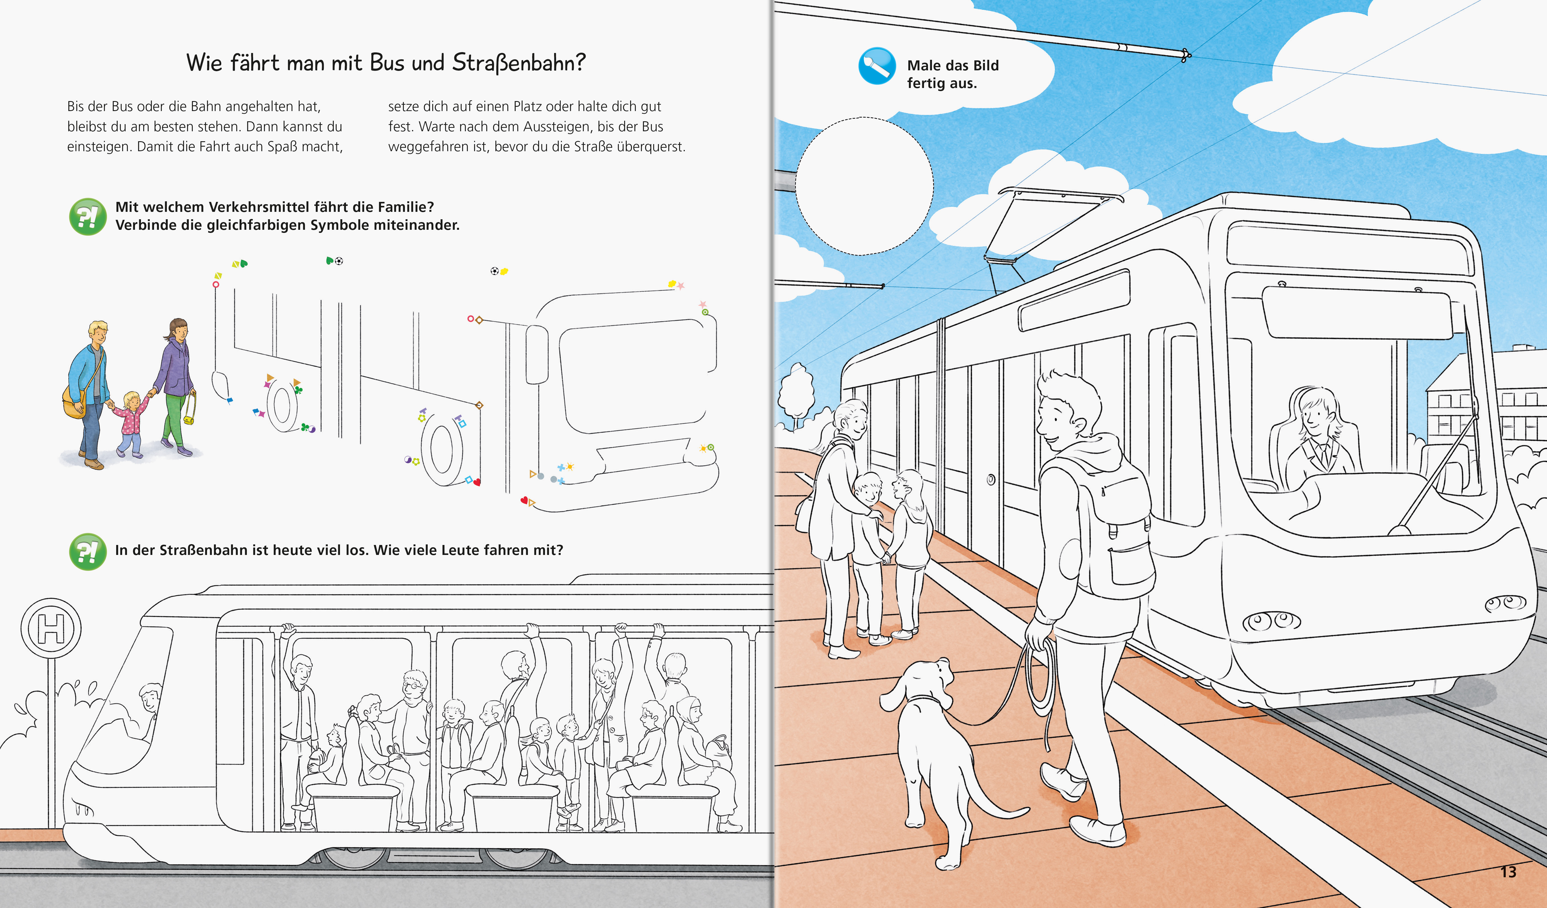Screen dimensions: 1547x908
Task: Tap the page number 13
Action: coord(1508,872)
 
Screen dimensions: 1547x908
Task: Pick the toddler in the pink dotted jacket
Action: coord(130,424)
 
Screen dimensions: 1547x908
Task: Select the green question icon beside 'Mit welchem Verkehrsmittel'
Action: coord(88,216)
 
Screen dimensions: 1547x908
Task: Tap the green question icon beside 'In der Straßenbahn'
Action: coord(88,551)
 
